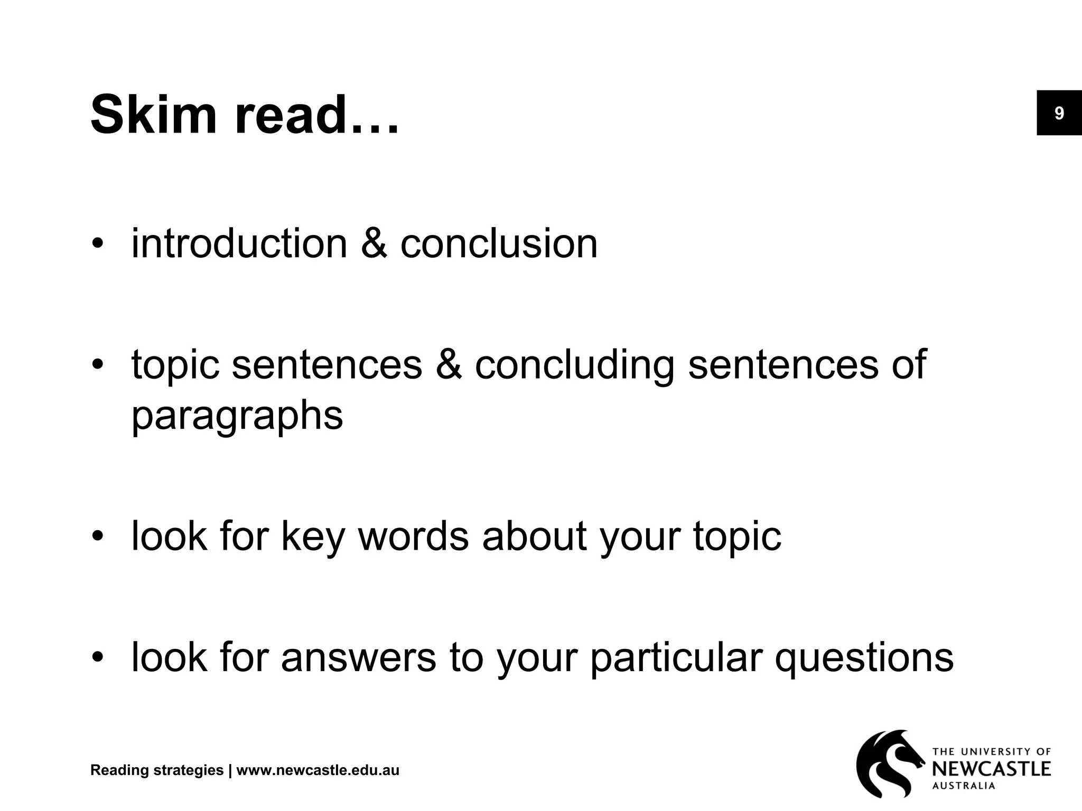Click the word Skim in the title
tap(154, 115)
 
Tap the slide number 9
tap(1059, 114)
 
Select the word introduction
tap(239, 243)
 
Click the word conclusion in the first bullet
tap(499, 243)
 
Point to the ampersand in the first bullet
tap(374, 243)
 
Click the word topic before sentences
tap(175, 365)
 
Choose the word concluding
tap(574, 365)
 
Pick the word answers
tap(358, 658)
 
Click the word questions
tap(864, 658)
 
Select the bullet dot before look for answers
tap(97, 658)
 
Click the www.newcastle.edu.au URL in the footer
tap(318, 770)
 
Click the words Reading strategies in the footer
tap(157, 770)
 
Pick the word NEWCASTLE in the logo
tap(991, 769)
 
